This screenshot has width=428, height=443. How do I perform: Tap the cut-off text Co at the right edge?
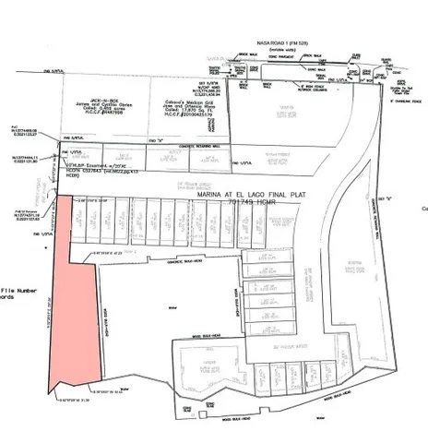[423, 209]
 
